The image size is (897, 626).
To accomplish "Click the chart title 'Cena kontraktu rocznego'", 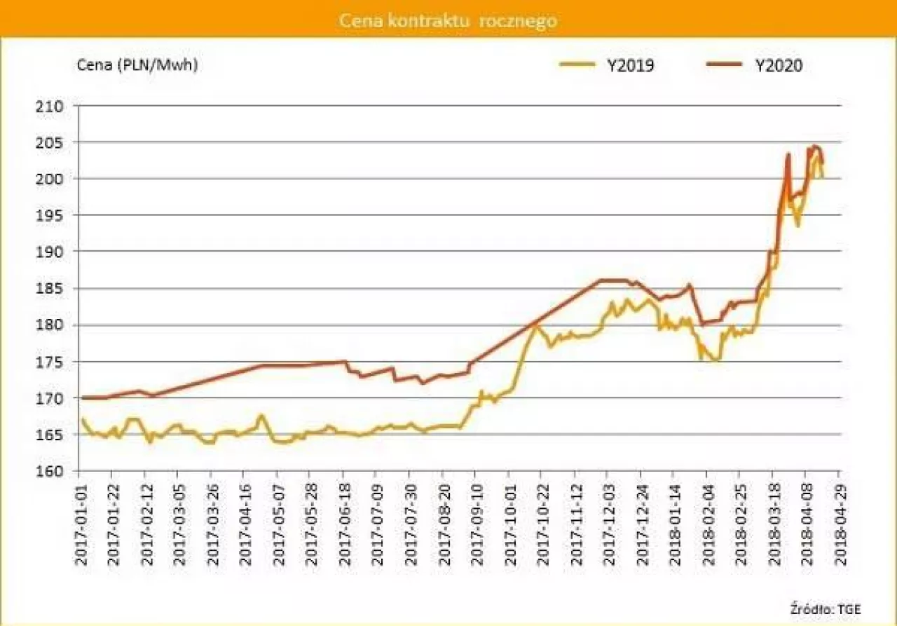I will point(448,20).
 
